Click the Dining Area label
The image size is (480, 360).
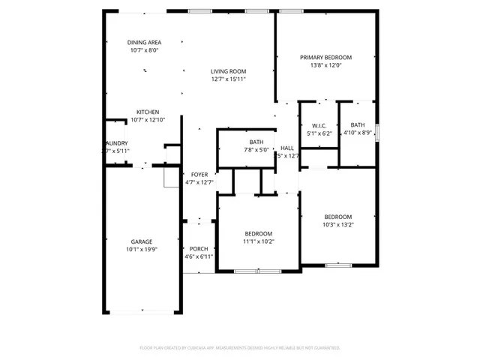145,43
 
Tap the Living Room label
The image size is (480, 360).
228,71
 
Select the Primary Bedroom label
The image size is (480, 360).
326,57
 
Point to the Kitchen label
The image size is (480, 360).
147,112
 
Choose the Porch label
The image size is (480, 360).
199,249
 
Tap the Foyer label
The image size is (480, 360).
199,174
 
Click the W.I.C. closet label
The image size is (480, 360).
319,125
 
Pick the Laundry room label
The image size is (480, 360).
116,143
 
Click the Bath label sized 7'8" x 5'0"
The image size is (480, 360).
256,142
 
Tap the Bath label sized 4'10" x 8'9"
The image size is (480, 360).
358,125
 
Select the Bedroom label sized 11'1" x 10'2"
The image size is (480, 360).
258,233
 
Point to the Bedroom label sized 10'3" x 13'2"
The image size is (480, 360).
337,217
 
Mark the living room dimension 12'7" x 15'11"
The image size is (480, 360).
228,79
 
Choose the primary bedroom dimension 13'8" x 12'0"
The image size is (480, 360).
326,64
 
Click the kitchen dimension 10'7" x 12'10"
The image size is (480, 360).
147,119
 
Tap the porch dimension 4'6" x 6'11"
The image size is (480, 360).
199,256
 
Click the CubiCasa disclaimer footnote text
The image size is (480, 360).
240,348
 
